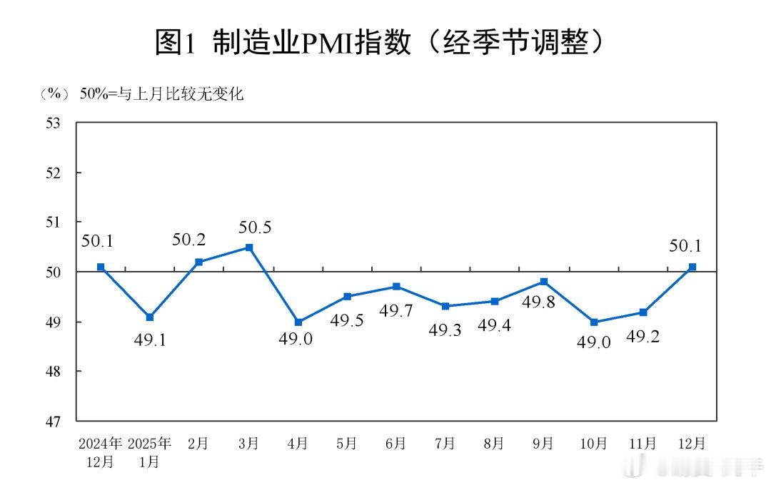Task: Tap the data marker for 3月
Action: click(x=249, y=247)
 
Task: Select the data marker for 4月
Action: click(x=298, y=322)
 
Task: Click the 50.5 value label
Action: click(x=255, y=228)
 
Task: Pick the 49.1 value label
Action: click(x=151, y=340)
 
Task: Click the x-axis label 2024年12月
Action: click(x=101, y=452)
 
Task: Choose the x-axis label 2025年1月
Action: click(x=150, y=452)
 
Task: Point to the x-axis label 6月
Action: click(x=395, y=444)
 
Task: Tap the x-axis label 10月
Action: click(x=593, y=444)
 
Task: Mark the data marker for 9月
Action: click(x=544, y=282)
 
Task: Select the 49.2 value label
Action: click(x=642, y=337)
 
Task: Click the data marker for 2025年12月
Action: click(x=692, y=267)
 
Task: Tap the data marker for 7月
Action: click(x=445, y=306)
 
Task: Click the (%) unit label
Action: click(x=54, y=93)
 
